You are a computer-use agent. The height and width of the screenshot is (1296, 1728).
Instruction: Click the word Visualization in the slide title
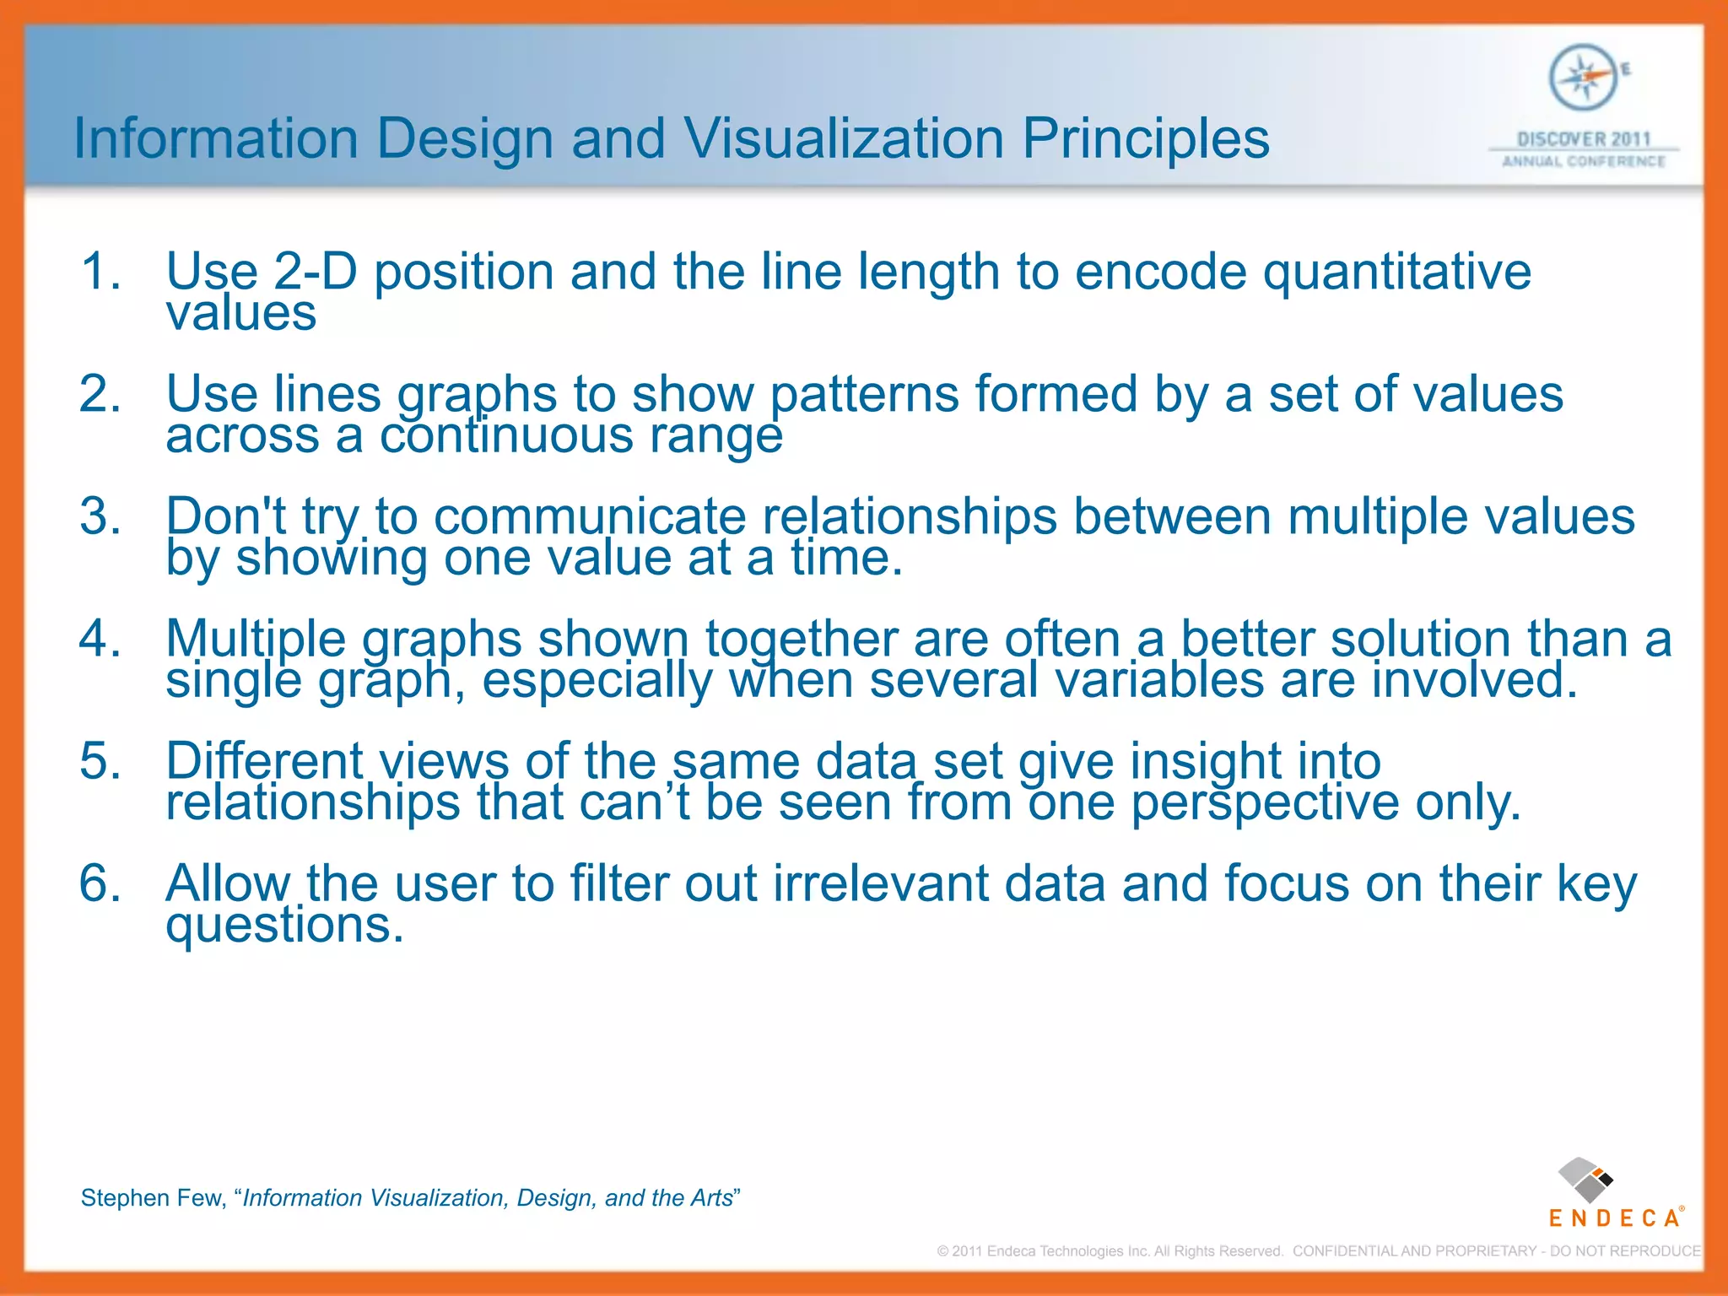[x=843, y=138]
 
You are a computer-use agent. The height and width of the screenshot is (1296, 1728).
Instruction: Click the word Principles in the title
[x=1146, y=138]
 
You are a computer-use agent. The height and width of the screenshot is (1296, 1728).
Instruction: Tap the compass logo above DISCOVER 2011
[x=1584, y=78]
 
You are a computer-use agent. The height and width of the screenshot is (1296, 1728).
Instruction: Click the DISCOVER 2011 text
[x=1584, y=139]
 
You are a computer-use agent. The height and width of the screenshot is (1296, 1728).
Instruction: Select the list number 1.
[x=100, y=273]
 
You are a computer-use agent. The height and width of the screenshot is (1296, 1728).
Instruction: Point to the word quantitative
[x=1396, y=273]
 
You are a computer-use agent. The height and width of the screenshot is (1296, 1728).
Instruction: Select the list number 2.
[x=100, y=395]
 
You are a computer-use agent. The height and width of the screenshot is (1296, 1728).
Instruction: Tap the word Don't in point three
[x=226, y=516]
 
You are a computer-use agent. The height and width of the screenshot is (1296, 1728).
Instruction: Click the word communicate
[x=590, y=516]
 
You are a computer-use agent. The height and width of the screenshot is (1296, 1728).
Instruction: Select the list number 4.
[x=100, y=639]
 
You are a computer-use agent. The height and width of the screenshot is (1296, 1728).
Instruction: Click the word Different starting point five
[x=264, y=761]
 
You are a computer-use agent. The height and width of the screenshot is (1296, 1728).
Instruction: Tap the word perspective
[x=1265, y=802]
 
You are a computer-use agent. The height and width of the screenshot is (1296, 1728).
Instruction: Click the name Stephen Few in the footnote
[x=152, y=1198]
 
